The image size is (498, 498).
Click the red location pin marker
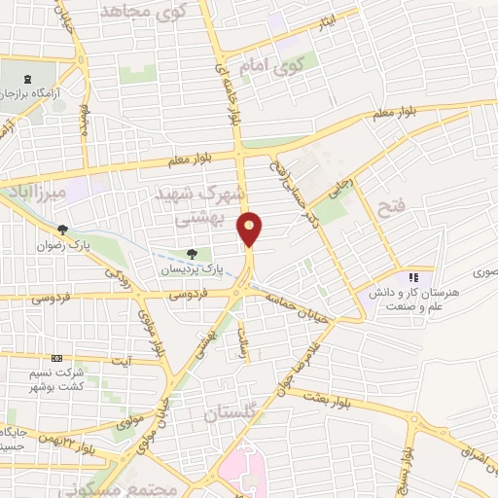point(250,228)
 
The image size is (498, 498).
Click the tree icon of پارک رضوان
point(63,231)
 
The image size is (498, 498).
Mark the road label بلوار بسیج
point(412,465)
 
